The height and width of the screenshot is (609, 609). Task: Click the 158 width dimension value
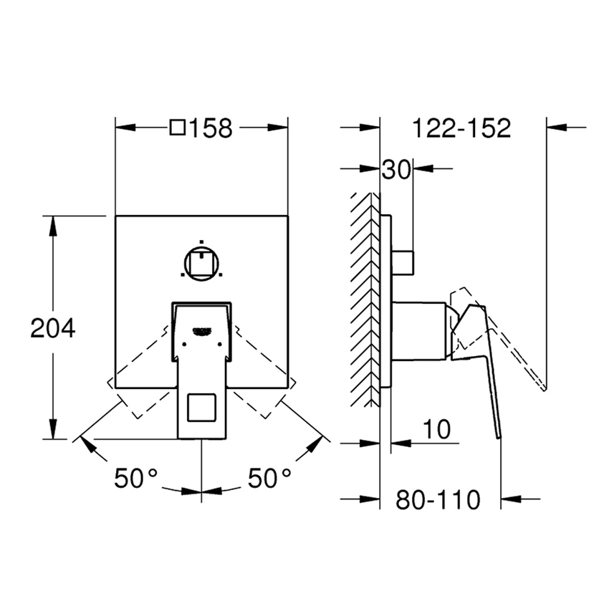pyautogui.click(x=211, y=129)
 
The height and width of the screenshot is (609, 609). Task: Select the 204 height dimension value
pyautogui.click(x=52, y=328)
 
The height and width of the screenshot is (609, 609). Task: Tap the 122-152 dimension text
pyautogui.click(x=461, y=129)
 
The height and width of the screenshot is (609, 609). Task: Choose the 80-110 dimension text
pyautogui.click(x=438, y=499)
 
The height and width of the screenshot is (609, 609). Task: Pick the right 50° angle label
pyautogui.click(x=269, y=478)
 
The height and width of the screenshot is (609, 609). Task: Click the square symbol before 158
pyautogui.click(x=178, y=129)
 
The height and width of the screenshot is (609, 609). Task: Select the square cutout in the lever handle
pyautogui.click(x=201, y=408)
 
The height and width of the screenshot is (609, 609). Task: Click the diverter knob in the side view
pyautogui.click(x=403, y=262)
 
